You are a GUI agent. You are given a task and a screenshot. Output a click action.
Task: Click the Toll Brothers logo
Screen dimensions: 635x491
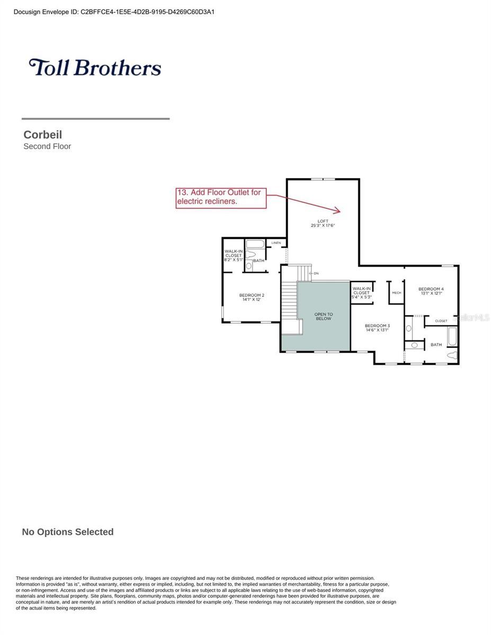95,67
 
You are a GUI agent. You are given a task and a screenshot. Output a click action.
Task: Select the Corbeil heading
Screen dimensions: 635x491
43,135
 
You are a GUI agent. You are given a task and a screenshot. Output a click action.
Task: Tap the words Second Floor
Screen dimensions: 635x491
47,147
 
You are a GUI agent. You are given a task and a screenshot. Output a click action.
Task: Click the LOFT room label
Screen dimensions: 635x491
323,221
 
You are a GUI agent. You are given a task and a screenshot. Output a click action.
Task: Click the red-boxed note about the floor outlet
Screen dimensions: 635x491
221,197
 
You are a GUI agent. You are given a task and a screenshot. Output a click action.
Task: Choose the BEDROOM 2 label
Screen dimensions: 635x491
252,295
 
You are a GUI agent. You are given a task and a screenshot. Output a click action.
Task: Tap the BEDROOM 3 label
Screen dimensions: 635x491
377,325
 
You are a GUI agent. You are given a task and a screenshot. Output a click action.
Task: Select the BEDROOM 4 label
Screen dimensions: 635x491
431,289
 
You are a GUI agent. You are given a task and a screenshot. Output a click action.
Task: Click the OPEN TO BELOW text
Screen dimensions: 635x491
323,316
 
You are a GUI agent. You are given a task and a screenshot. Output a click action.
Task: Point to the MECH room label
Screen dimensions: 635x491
396,293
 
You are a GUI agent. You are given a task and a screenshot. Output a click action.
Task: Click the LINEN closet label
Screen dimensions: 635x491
276,243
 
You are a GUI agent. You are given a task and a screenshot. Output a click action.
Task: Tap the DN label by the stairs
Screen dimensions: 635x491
316,274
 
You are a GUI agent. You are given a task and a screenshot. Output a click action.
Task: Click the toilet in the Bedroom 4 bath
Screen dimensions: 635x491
451,355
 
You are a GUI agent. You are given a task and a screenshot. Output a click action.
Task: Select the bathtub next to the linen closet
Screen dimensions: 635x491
255,244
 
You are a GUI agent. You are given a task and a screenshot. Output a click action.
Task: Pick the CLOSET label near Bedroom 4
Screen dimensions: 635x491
441,321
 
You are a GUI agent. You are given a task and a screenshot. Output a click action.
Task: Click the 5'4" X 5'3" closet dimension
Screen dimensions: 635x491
362,297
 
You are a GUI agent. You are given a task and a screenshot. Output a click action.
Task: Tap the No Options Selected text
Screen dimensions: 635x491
68,532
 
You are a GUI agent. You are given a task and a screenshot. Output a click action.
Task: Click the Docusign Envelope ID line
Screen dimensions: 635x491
114,12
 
